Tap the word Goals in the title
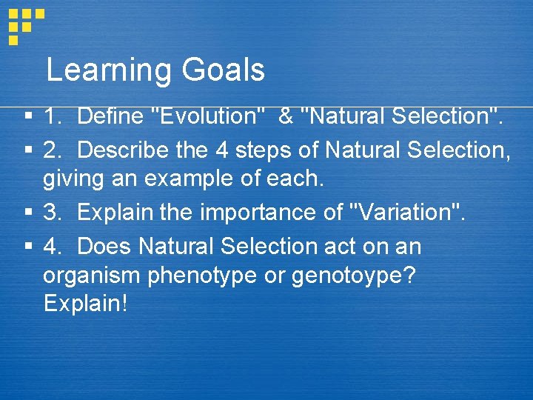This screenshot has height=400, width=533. (221, 70)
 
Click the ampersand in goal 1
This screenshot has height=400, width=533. (285, 116)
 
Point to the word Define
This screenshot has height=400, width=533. (110, 116)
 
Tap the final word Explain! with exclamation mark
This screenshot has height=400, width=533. (85, 304)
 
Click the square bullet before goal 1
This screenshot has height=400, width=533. (27, 116)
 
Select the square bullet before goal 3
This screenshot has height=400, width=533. (27, 213)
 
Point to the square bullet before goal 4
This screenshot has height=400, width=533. (27, 247)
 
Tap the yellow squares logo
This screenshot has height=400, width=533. (24, 24)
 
